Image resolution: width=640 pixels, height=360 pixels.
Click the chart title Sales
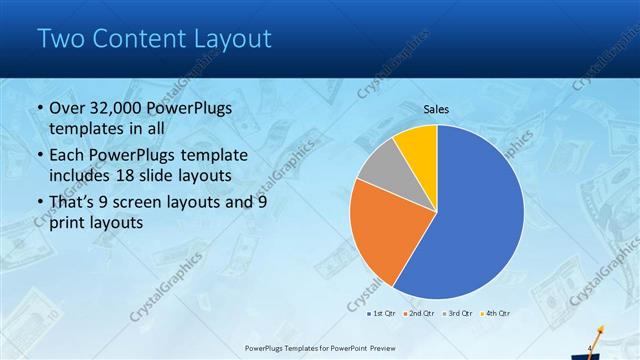pyautogui.click(x=436, y=109)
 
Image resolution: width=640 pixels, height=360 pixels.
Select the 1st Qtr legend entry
pyautogui.click(x=381, y=313)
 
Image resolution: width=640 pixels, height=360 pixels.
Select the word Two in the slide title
pyautogui.click(x=59, y=39)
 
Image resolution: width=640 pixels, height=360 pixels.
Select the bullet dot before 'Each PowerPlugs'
pyautogui.click(x=39, y=156)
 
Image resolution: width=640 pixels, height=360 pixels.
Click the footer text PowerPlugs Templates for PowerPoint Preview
pyautogui.click(x=320, y=349)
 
